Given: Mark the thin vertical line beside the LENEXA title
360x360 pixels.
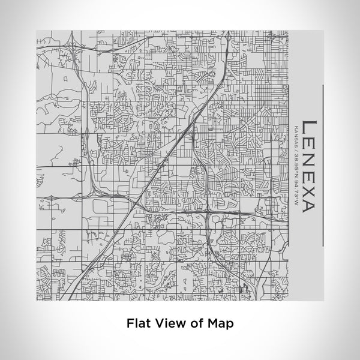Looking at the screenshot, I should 323,165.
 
